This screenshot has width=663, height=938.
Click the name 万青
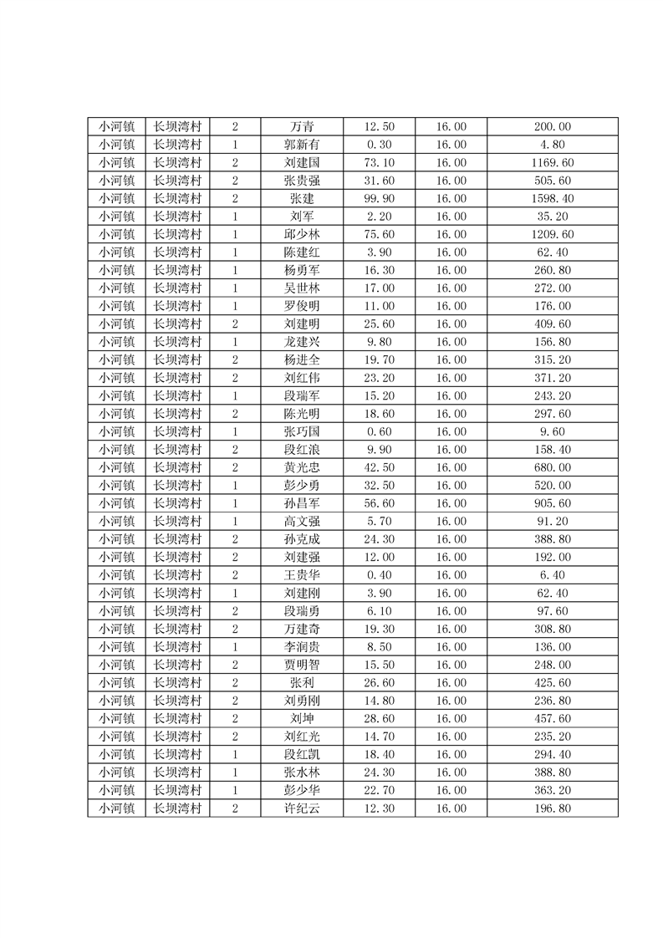(x=302, y=127)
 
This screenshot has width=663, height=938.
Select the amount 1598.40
(x=552, y=198)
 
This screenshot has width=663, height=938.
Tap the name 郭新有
(x=302, y=145)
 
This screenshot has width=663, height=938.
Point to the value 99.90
(x=379, y=198)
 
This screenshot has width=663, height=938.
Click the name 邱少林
(x=302, y=234)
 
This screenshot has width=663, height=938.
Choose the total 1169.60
(x=552, y=162)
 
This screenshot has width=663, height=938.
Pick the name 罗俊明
(x=302, y=306)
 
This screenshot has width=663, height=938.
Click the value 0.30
(x=379, y=145)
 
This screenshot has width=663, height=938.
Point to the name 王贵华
(x=302, y=575)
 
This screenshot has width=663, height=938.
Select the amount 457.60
(x=552, y=718)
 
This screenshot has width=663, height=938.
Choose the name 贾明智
(x=302, y=665)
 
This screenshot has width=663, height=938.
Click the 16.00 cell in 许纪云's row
(x=451, y=808)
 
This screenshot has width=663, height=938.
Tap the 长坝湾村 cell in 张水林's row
(x=177, y=772)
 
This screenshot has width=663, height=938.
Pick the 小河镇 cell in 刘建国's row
(x=116, y=162)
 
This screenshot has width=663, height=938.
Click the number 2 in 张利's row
(x=235, y=682)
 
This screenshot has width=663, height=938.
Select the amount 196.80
(x=552, y=808)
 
